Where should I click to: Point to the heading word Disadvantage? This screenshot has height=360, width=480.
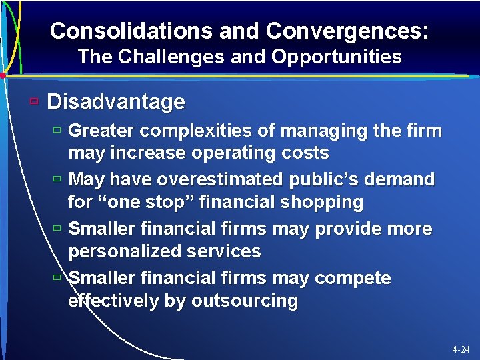[x=116, y=102]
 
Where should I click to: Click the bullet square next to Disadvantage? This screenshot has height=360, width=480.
[x=34, y=102]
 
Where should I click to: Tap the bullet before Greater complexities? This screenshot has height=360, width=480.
[x=57, y=130]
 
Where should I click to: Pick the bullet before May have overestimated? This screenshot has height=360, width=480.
[x=57, y=179]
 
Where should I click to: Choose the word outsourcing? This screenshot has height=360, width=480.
[x=245, y=301]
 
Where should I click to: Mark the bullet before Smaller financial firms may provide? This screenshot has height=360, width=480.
[x=57, y=229]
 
